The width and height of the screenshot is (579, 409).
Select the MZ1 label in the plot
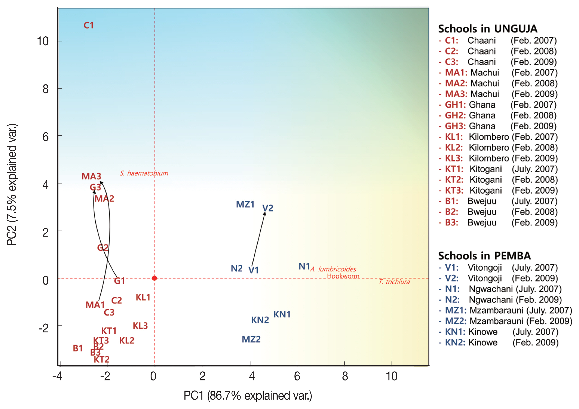(245, 204)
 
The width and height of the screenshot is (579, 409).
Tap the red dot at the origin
(155, 278)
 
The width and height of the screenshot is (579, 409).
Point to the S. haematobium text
(144, 173)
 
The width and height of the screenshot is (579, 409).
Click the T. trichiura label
(394, 282)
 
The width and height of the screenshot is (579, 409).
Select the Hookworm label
(343, 276)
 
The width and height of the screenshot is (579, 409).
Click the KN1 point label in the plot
(282, 314)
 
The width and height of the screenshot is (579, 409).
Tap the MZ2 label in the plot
(251, 339)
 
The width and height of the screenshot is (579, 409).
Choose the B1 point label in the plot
(78, 348)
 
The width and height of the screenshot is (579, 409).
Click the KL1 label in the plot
(143, 297)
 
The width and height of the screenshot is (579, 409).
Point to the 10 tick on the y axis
(43, 41)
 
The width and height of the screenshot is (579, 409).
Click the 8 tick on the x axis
(345, 376)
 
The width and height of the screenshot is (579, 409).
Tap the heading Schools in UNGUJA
(487, 29)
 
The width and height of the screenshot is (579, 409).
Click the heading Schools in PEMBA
(484, 256)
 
